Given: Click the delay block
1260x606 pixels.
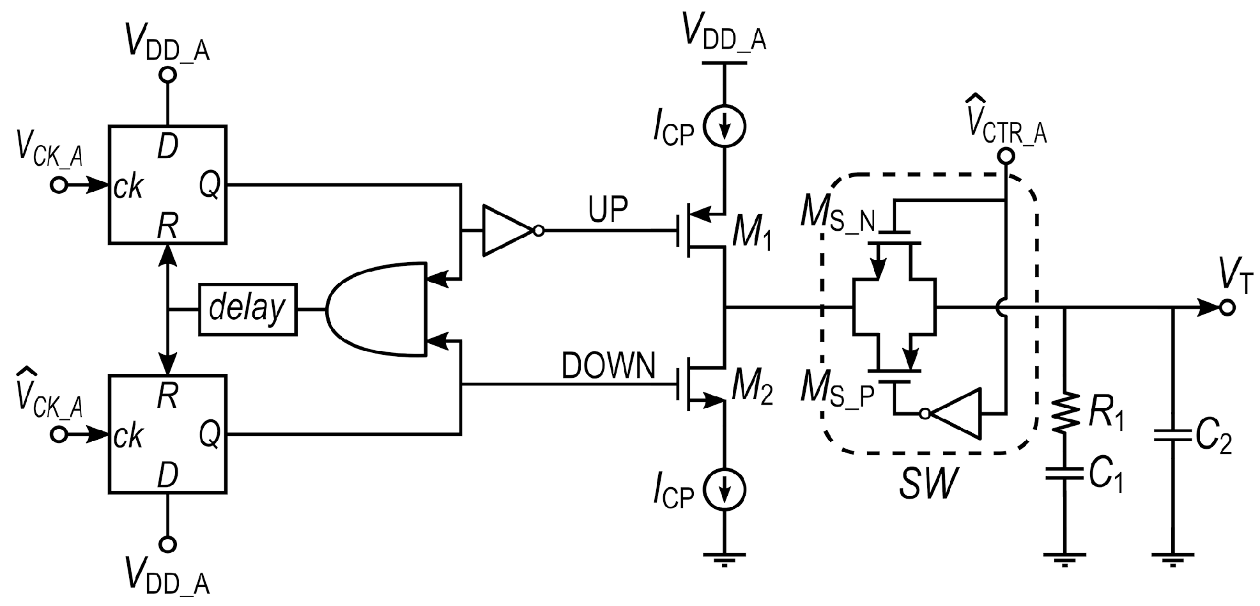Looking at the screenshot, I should point(248,309).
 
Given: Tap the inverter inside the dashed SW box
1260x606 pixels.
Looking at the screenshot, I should point(956,414).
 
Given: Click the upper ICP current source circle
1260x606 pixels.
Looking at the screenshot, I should point(725,127).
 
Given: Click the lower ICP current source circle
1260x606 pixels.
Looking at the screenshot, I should point(725,490).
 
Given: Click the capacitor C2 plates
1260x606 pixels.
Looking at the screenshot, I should point(1172,436).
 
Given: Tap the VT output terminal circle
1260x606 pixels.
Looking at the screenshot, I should point(1227,308).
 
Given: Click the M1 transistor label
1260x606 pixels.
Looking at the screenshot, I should point(751,233).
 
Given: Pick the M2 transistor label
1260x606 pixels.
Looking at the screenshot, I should point(751,389).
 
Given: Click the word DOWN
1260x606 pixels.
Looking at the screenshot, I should point(608,366).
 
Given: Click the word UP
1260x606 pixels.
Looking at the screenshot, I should point(608,210).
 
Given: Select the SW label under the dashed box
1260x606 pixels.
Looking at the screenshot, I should point(928,484).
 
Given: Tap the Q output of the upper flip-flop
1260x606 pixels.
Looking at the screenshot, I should point(210,185).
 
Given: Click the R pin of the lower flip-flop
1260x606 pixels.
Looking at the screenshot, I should point(167,396).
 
